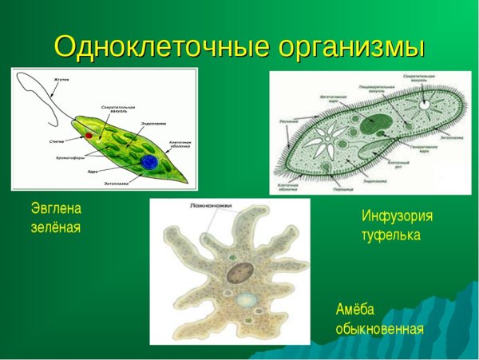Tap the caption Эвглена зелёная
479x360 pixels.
click(x=56, y=218)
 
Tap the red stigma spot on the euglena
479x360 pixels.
click(x=89, y=136)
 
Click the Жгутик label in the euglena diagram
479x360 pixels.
click(x=63, y=80)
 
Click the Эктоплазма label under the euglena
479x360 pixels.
click(x=117, y=183)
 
